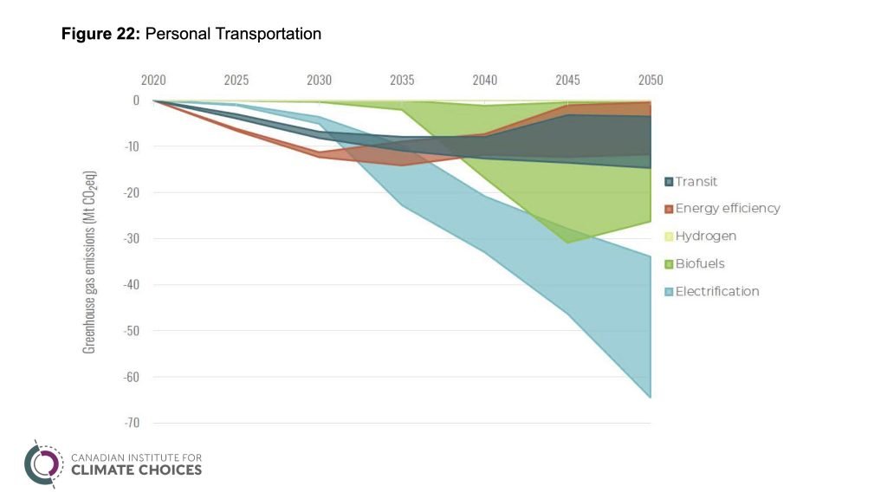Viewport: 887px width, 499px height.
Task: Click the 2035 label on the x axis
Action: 402,81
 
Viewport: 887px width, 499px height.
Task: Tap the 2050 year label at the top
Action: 651,81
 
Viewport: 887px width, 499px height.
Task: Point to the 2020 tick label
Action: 153,81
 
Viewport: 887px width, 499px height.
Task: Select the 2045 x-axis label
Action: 567,81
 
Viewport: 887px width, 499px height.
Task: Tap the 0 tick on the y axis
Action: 136,100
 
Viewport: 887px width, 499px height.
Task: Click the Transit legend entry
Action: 696,181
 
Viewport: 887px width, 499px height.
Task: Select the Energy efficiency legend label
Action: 728,208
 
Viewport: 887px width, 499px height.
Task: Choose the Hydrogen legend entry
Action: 706,236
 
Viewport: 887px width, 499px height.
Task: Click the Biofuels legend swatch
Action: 669,264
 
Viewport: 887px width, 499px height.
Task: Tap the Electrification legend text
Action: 717,291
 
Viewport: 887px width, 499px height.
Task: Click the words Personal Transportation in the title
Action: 234,35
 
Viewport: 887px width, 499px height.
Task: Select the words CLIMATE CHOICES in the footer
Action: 136,470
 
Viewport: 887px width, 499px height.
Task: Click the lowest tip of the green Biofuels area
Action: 567,243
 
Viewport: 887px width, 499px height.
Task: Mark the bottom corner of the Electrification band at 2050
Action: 651,398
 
